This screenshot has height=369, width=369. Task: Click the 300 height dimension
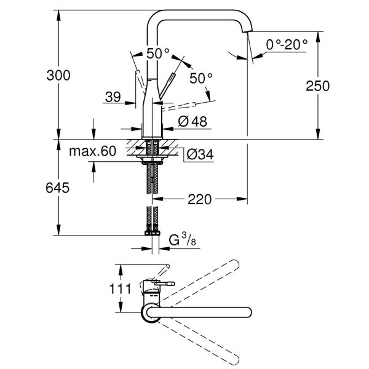click(58, 75)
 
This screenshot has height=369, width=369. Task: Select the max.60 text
click(92, 151)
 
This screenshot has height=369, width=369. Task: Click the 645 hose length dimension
click(58, 186)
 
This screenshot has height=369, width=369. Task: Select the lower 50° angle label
click(201, 79)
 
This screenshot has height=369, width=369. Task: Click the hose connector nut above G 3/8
click(152, 232)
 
